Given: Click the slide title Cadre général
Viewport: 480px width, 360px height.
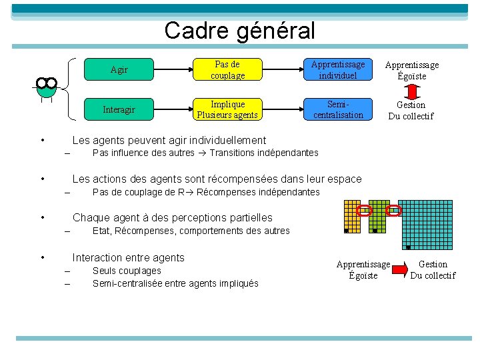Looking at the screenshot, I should click(x=239, y=30).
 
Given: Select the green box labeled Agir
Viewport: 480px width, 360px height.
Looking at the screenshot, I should click(x=119, y=69).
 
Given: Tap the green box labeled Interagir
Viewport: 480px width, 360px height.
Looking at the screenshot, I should click(x=119, y=109).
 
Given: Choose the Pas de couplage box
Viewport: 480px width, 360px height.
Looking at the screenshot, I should click(x=227, y=69).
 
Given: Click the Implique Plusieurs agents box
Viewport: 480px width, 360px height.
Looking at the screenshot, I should click(x=227, y=109).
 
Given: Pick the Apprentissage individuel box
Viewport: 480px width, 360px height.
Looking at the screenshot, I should click(x=338, y=69).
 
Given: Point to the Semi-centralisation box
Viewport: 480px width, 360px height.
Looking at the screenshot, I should click(x=338, y=109).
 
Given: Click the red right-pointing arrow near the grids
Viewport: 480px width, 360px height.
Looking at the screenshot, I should click(x=399, y=269).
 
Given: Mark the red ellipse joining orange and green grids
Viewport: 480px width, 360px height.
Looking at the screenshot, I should click(x=365, y=211).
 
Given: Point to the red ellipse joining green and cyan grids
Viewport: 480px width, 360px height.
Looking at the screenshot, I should click(x=394, y=211).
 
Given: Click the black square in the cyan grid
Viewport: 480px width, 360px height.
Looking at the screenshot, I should click(x=408, y=246).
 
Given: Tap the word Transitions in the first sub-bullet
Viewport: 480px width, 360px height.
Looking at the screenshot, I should click(x=231, y=153).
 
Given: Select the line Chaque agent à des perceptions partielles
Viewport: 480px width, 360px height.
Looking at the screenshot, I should click(x=172, y=217).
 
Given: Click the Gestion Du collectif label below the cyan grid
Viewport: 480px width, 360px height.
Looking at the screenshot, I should click(x=433, y=270).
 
